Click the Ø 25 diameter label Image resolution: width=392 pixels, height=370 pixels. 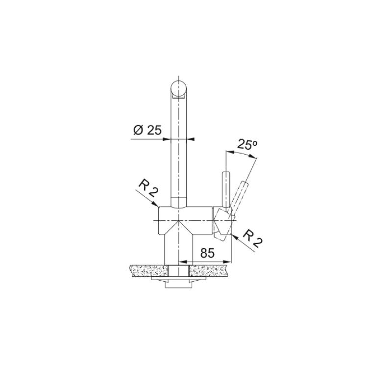click(147, 130)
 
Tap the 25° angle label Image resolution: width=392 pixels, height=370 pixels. click(247, 144)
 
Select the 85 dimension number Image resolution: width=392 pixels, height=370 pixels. click(207, 253)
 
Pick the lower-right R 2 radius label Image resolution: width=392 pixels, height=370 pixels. click(252, 238)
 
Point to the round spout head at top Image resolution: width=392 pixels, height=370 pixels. click(179, 90)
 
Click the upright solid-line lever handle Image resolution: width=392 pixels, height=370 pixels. click(226, 189)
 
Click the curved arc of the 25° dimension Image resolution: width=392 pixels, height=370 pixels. click(243, 154)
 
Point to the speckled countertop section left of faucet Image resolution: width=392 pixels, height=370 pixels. click(147, 269)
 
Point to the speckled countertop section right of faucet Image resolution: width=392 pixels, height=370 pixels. click(210, 269)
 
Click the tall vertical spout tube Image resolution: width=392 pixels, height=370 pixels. click(179, 147)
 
